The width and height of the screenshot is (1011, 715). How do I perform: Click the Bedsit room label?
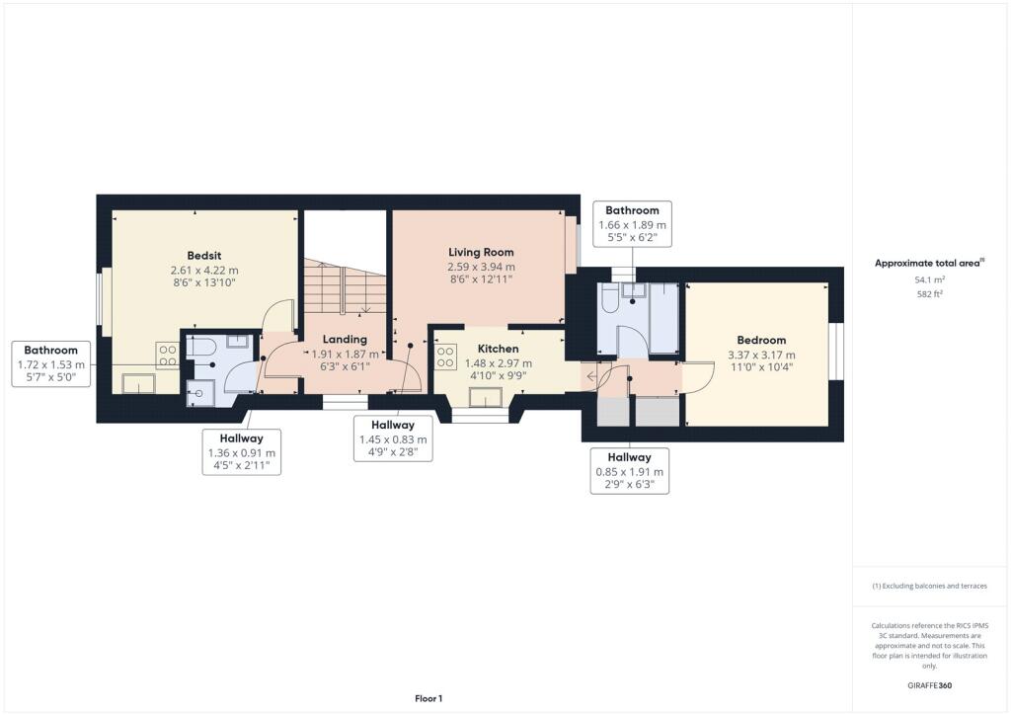click(204, 254)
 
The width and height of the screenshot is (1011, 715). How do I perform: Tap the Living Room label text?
click(480, 253)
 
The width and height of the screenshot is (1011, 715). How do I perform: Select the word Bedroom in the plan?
click(760, 340)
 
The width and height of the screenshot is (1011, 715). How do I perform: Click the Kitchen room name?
click(498, 349)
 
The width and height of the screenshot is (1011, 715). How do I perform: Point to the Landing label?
click(345, 339)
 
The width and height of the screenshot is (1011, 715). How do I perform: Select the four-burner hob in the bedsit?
click(167, 356)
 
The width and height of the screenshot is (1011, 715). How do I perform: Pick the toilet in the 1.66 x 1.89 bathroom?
click(609, 298)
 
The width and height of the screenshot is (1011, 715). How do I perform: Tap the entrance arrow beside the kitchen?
click(590, 375)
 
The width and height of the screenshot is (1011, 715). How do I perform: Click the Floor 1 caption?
click(428, 698)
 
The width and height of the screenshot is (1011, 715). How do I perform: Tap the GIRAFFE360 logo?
click(929, 684)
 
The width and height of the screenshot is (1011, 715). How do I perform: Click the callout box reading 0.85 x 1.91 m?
click(629, 471)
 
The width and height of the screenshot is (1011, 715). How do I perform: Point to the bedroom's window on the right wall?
click(835, 352)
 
